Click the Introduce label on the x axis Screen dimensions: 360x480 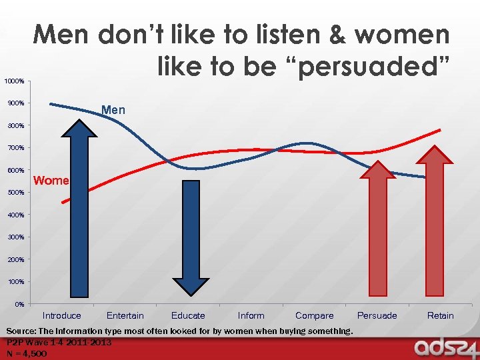[x=62, y=316]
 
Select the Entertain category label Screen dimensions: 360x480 [x=125, y=316]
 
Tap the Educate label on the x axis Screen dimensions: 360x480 [x=188, y=316]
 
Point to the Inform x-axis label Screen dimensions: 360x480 [x=251, y=316]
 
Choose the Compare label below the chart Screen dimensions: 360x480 [x=314, y=316]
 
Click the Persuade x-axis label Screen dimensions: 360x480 [x=377, y=316]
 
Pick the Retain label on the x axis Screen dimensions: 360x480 [x=440, y=316]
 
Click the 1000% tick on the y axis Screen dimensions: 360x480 [x=15, y=81]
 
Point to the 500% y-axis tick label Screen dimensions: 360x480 [x=16, y=193]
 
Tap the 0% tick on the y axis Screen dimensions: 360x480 [x=20, y=304]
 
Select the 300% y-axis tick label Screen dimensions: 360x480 [x=16, y=237]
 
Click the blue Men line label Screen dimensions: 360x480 [x=113, y=110]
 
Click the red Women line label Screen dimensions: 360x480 [x=51, y=181]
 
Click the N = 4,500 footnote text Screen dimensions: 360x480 [x=27, y=353]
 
